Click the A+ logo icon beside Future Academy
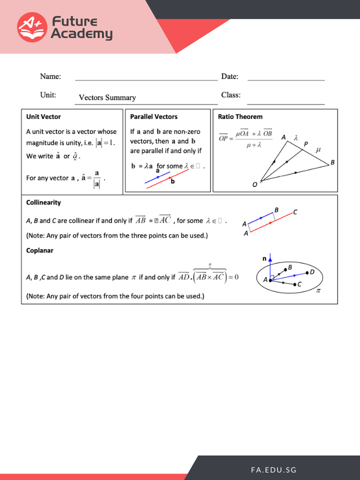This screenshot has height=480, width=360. click(x=32, y=27)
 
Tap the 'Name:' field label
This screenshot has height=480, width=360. click(x=50, y=76)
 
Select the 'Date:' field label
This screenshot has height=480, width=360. click(x=229, y=76)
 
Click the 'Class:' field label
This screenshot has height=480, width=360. click(x=231, y=94)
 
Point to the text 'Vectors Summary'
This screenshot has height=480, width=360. click(x=107, y=97)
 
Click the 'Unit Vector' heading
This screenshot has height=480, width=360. click(x=43, y=116)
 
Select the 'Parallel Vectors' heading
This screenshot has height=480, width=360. click(x=153, y=116)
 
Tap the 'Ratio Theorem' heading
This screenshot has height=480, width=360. click(x=240, y=116)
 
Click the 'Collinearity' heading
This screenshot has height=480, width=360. click(x=43, y=202)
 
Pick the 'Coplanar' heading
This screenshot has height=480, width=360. click(x=39, y=250)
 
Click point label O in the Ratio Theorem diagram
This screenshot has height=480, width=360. click(x=255, y=184)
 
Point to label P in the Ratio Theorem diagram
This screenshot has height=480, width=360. click(x=306, y=144)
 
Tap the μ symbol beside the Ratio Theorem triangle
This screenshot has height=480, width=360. click(x=318, y=149)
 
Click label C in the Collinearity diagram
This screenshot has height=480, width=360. click(x=295, y=212)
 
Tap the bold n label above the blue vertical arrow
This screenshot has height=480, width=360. click(x=264, y=258)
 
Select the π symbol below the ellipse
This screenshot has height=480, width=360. click(x=318, y=290)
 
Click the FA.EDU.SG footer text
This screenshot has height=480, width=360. click(x=274, y=470)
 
